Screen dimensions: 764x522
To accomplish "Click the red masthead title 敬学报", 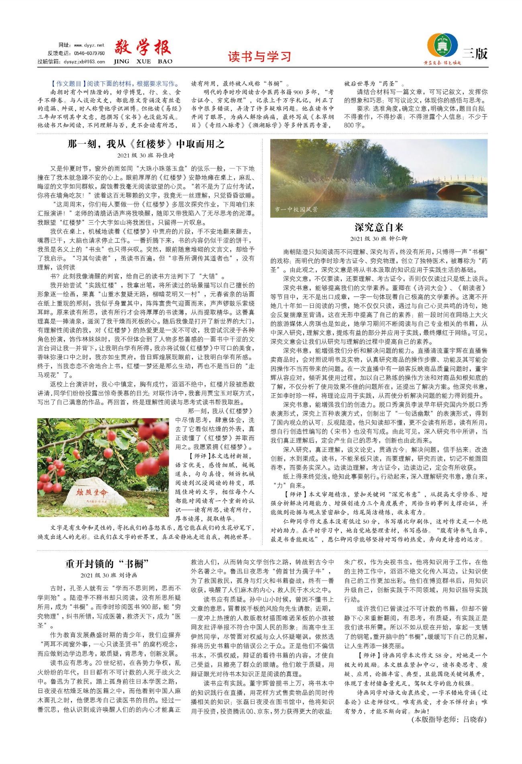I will click(143, 48).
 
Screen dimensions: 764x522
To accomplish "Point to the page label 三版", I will click(475, 53).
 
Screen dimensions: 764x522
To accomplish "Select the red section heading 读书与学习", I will click(259, 57).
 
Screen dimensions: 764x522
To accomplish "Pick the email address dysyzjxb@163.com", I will click(84, 61).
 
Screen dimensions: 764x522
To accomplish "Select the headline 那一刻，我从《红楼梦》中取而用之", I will click(146, 144).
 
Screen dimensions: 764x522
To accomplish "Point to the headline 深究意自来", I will click(379, 227).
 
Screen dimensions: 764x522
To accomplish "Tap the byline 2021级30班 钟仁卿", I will click(379, 239).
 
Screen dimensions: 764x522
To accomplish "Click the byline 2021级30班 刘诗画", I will click(109, 575).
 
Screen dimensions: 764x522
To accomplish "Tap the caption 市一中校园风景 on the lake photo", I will click(296, 209).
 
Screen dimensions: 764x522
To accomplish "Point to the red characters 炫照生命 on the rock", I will click(92, 492).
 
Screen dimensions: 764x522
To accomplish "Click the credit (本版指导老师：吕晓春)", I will click(449, 719).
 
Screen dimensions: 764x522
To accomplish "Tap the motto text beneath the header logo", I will click(442, 63).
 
